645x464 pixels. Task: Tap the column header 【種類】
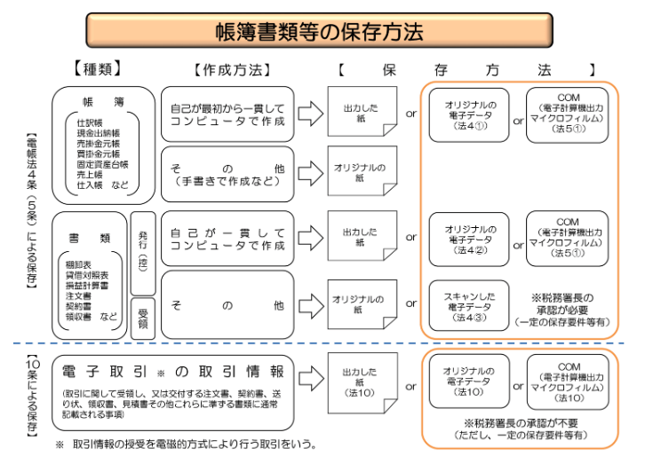(97, 68)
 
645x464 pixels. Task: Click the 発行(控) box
(143, 253)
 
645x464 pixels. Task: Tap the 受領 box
(143, 315)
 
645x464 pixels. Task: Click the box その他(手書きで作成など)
(228, 173)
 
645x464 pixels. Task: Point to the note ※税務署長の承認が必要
(573, 297)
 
